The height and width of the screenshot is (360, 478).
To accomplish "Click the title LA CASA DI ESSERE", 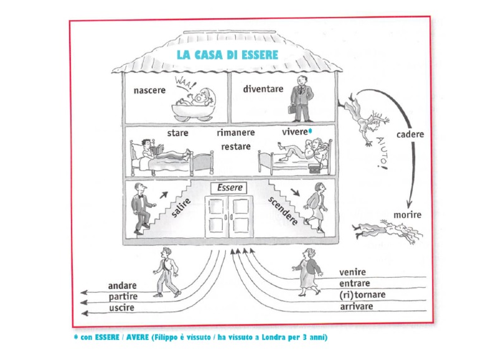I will click(228, 55).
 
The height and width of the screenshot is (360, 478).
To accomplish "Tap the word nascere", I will click(149, 90).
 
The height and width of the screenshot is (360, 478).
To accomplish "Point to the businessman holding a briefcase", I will click(301, 98).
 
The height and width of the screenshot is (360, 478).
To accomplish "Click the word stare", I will click(177, 133).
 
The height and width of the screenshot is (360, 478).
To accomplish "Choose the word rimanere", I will click(236, 133).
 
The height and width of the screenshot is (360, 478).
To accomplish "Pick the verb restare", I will click(236, 146).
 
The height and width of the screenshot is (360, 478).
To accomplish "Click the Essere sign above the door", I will click(229, 187).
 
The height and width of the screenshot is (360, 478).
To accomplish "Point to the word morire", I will click(407, 215).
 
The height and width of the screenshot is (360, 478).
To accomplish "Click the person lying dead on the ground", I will click(387, 232).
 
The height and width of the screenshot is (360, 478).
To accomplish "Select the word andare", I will click(122, 286).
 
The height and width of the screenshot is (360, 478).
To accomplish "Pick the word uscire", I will click(121, 308).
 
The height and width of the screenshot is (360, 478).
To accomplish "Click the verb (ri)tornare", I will click(362, 295).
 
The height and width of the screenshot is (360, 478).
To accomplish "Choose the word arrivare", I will click(357, 306).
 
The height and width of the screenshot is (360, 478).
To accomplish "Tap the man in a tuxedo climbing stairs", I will click(142, 209).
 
